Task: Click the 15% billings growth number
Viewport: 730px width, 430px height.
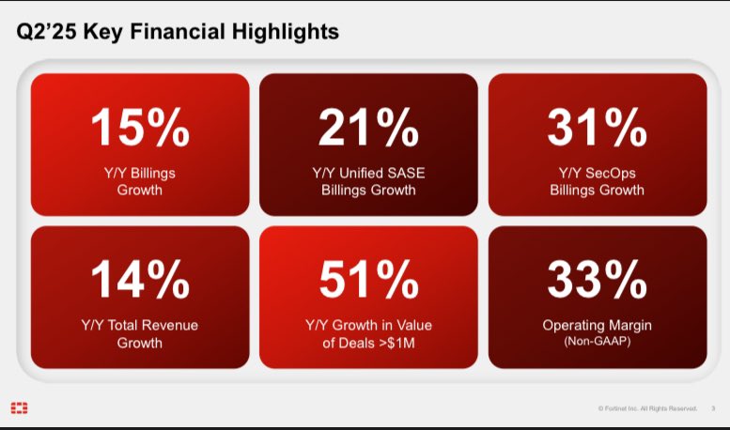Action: click(140, 128)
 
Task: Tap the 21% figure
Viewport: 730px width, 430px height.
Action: click(368, 128)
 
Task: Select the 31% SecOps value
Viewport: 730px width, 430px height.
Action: click(597, 128)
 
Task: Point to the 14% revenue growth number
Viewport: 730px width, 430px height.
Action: click(140, 280)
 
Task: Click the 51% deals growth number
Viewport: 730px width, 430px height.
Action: click(368, 280)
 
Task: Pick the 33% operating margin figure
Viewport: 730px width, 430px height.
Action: click(597, 280)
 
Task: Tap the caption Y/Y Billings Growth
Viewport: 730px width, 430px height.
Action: click(140, 181)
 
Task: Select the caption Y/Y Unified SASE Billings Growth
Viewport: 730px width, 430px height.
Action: click(368, 181)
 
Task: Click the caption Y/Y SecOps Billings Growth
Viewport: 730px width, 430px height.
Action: click(597, 181)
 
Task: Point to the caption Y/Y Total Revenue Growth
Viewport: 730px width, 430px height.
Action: click(140, 333)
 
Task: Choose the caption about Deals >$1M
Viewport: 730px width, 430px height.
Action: click(368, 333)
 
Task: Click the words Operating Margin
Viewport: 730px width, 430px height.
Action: click(597, 325)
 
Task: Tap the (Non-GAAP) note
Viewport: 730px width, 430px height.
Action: click(597, 342)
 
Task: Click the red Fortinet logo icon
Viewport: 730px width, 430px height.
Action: click(19, 407)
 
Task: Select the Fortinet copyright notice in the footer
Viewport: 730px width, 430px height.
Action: click(647, 408)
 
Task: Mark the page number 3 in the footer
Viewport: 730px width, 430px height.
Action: click(713, 408)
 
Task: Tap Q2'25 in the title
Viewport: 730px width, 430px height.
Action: click(48, 32)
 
